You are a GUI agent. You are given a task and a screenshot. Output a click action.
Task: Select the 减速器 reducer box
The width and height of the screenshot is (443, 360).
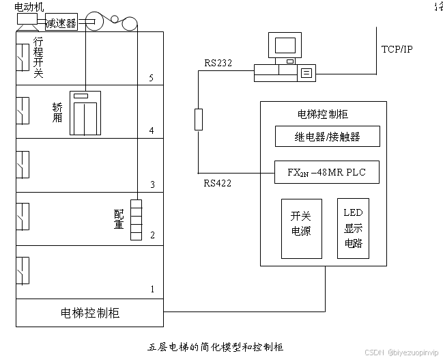pyautogui.click(x=61, y=22)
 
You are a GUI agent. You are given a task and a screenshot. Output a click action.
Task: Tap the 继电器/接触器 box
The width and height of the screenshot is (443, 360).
pyautogui.click(x=326, y=137)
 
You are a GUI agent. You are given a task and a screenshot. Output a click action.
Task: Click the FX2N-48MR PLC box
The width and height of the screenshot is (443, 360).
pyautogui.click(x=326, y=172)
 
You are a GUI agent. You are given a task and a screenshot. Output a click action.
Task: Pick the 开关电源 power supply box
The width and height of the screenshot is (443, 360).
pyautogui.click(x=301, y=228)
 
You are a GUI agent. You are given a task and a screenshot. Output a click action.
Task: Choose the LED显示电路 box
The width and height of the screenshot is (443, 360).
pyautogui.click(x=353, y=228)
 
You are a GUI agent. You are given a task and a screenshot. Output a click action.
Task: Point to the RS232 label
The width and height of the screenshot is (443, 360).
pyautogui.click(x=218, y=63)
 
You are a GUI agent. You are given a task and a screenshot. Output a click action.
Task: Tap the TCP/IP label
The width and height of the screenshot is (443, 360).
pyautogui.click(x=397, y=49)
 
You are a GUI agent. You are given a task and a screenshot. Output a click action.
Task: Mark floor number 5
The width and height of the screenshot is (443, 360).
pyautogui.click(x=152, y=77)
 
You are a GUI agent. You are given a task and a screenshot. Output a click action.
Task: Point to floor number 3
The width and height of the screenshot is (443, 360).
pyautogui.click(x=152, y=184)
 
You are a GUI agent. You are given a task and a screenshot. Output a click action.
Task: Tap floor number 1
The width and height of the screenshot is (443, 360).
pyautogui.click(x=152, y=290)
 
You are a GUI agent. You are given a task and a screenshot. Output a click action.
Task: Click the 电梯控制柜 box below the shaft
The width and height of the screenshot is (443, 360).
pyautogui.click(x=90, y=313)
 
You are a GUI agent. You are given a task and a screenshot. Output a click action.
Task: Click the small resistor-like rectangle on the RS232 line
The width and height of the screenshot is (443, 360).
pyautogui.click(x=199, y=120)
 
